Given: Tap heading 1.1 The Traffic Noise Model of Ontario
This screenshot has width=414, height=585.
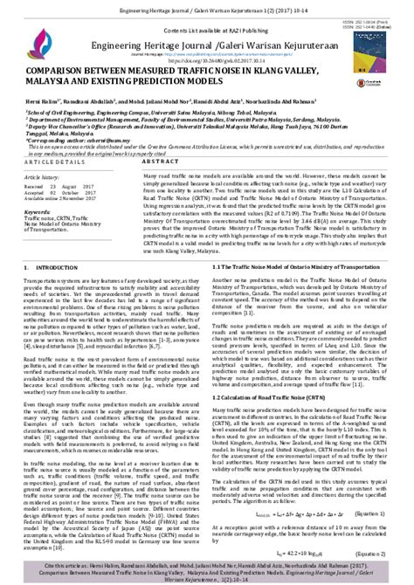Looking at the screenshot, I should coord(277,241).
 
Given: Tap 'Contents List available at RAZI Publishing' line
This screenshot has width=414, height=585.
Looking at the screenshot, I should coord(206,28).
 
